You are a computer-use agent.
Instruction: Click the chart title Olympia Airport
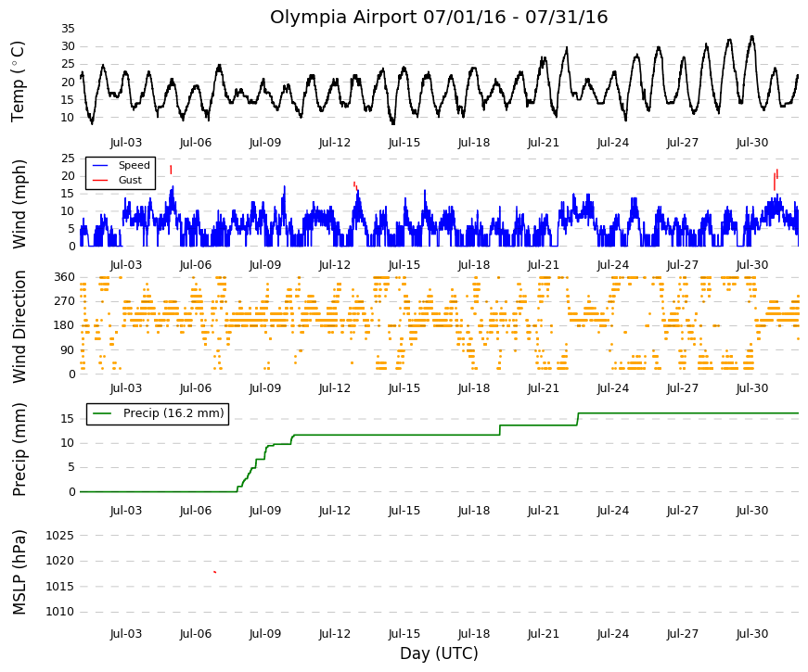coord(342,18)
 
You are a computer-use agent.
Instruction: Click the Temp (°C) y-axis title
coord(18,82)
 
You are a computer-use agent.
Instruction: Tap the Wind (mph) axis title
coord(19,205)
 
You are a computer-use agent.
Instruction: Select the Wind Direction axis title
coord(19,327)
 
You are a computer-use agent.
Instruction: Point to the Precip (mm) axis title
coord(19,450)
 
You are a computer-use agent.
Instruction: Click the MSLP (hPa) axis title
coord(19,573)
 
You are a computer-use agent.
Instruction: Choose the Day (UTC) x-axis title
coord(439,653)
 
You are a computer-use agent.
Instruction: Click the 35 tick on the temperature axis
coord(68,29)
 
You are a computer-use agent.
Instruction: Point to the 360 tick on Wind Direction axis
coord(64,277)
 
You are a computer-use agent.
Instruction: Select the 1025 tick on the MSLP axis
coord(59,536)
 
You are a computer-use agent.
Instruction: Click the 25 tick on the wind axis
coord(68,158)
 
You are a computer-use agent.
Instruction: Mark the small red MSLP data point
coord(215,572)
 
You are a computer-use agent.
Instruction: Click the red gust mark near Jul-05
coord(171,170)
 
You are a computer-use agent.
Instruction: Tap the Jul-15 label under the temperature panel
coord(404,143)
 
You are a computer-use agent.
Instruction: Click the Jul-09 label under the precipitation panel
coord(265,511)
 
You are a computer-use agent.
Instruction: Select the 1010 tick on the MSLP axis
coord(59,612)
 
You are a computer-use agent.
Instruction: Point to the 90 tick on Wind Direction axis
coord(68,350)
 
